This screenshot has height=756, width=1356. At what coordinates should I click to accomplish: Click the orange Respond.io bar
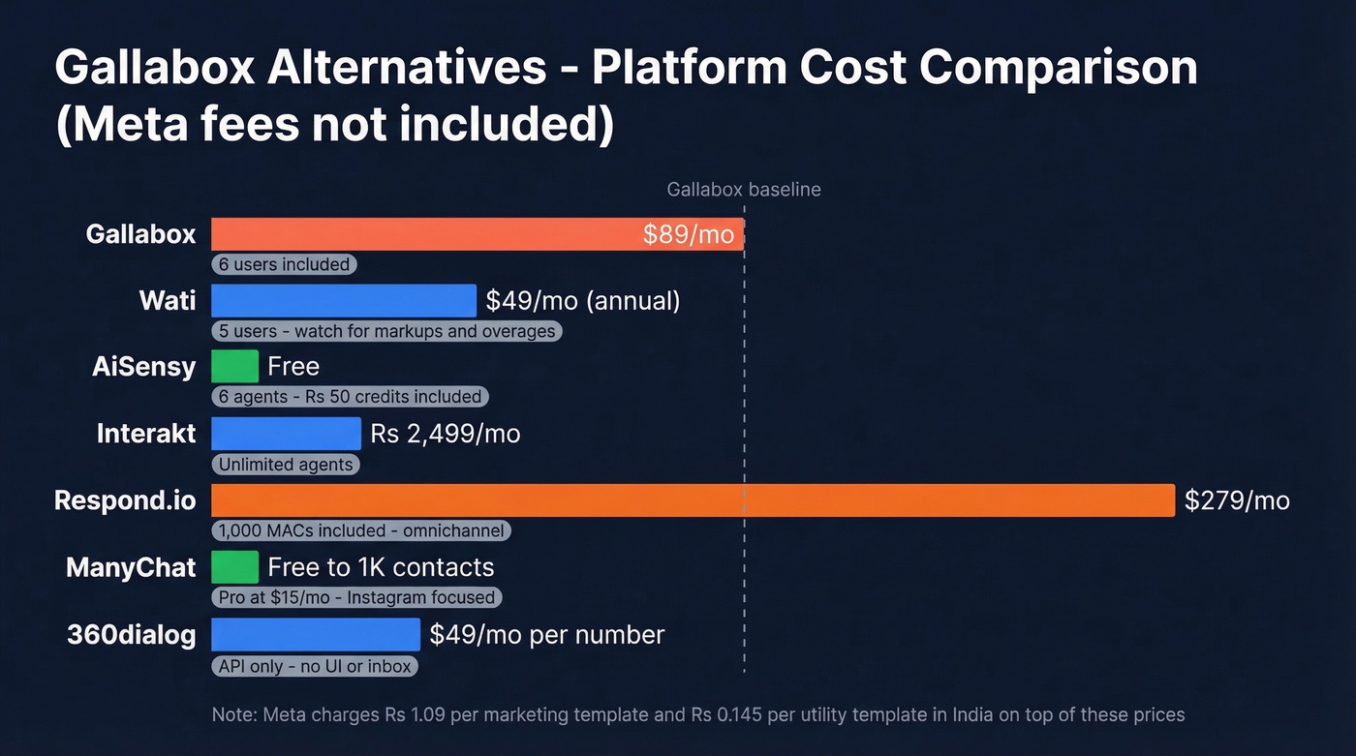[x=693, y=500]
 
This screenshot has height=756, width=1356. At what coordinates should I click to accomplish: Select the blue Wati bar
[x=343, y=300]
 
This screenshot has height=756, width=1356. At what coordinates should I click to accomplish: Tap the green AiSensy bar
[x=234, y=367]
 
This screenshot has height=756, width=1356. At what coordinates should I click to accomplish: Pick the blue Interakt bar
[x=286, y=434]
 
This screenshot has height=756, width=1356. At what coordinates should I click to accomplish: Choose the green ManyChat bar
[x=234, y=567]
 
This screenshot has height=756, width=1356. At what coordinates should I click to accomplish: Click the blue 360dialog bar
[x=316, y=635]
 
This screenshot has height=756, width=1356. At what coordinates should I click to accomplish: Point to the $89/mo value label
[x=688, y=235]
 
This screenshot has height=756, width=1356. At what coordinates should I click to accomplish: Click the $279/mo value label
[x=1237, y=500]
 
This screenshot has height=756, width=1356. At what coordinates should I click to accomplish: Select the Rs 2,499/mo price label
[x=446, y=434]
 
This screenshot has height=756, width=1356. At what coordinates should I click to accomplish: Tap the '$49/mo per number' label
[x=547, y=635]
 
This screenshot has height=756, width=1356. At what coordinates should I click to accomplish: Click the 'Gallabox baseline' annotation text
[x=744, y=190]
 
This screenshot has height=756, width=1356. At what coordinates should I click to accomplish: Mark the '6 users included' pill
[x=284, y=264]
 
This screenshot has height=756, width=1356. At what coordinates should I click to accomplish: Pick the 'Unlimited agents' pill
[x=286, y=465]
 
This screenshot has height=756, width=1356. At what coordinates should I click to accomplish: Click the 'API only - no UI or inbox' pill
[x=315, y=666]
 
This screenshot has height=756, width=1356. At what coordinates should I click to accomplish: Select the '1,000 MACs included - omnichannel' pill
[x=360, y=530]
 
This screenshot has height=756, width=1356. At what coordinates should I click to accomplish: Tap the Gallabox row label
[x=140, y=234]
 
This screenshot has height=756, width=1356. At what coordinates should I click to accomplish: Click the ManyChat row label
[x=131, y=567]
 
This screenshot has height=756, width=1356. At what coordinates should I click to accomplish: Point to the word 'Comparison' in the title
[x=1058, y=69]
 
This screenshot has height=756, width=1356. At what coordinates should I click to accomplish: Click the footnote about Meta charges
[x=697, y=715]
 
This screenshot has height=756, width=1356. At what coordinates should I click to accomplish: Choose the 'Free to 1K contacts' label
[x=381, y=567]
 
